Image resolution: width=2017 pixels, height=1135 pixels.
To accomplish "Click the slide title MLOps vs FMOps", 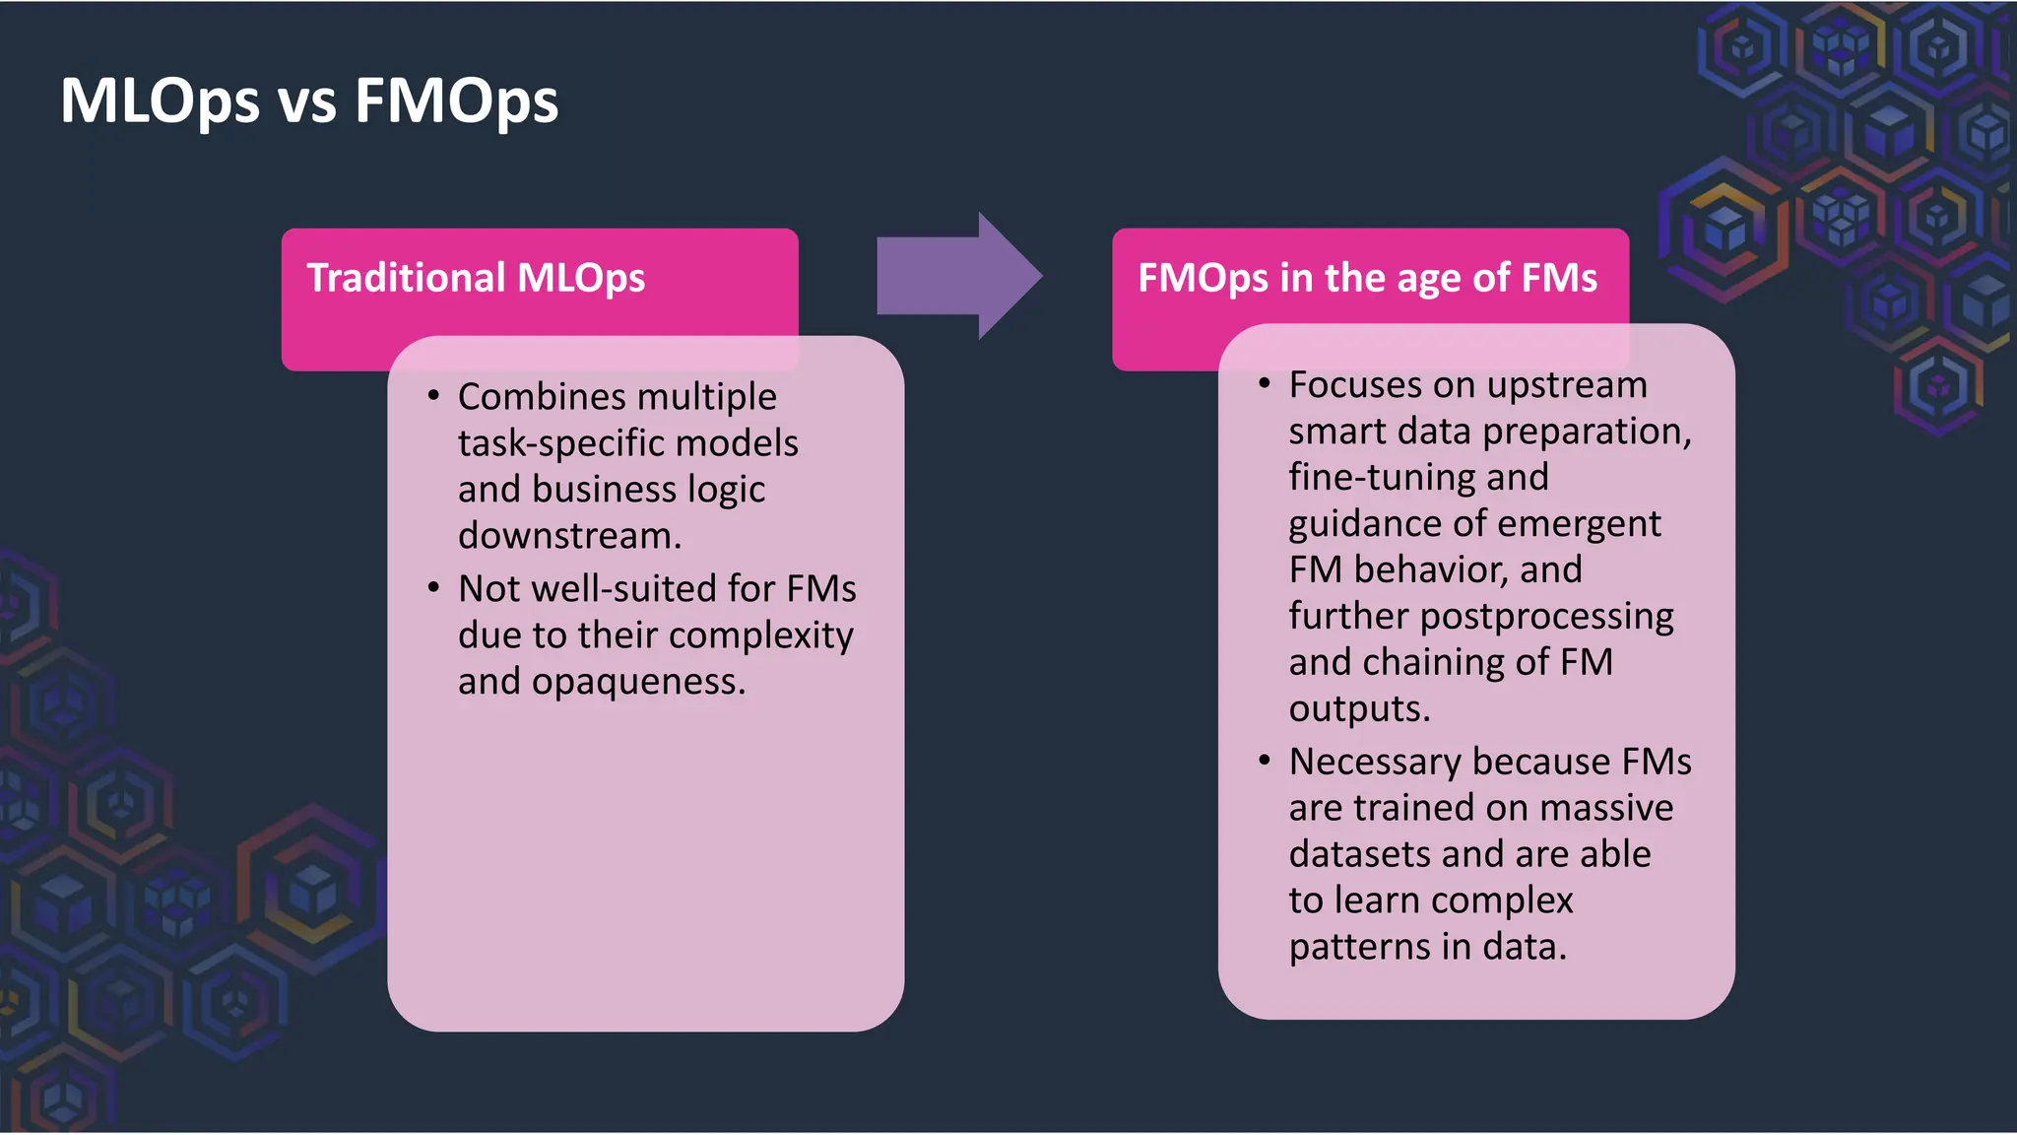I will [x=308, y=101].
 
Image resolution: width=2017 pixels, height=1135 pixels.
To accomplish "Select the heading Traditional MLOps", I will [x=476, y=278].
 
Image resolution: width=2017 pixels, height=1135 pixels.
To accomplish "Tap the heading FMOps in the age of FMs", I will [x=1367, y=278].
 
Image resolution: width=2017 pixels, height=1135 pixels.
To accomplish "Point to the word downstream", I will [x=568, y=536].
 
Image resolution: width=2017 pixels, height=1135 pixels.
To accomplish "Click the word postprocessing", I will [x=1546, y=617].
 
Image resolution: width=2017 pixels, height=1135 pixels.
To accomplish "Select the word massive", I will [x=1605, y=808].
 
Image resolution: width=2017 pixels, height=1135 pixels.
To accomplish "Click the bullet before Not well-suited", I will [x=433, y=588].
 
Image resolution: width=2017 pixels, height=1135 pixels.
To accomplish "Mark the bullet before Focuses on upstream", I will [x=1265, y=384].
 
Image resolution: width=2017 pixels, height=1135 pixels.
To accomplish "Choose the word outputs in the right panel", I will [x=1358, y=709].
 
